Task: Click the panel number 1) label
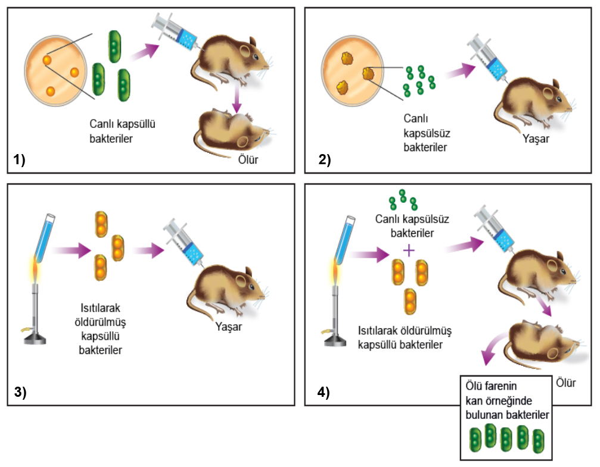pos(19,159)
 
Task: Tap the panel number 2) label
pos(325,159)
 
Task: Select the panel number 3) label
pos(20,392)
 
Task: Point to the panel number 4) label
pos(324,392)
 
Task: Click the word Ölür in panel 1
pos(248,159)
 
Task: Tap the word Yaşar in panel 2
pos(536,139)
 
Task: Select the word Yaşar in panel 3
pos(228,327)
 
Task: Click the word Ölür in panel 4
pos(565,383)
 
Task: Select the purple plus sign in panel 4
pos(409,250)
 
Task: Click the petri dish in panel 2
pos(352,71)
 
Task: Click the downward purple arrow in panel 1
pos(237,99)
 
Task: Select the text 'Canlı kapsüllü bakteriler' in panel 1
pos(122,131)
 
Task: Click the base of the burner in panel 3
pos(35,339)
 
